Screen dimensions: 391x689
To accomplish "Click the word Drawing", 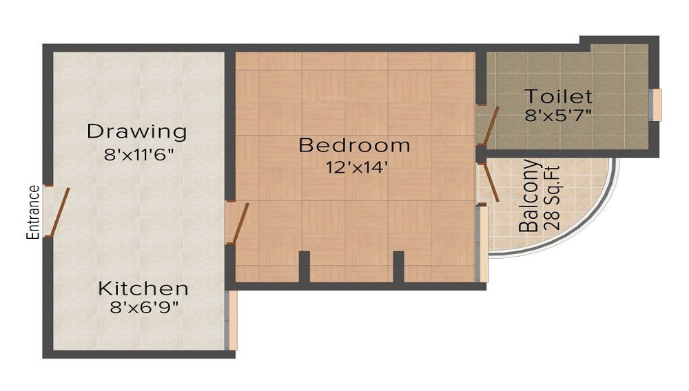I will [x=137, y=131].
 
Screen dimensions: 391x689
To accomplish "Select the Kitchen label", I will [x=143, y=288].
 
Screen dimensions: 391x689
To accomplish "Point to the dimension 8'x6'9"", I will [x=144, y=308].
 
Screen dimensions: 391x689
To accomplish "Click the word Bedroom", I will [x=354, y=145].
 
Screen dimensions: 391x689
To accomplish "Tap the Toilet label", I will [x=558, y=96].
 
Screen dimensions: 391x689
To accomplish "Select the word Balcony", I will [x=528, y=196].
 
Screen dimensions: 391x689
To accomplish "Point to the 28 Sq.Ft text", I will [x=551, y=196].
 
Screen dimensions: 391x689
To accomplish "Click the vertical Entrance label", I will [x=32, y=212].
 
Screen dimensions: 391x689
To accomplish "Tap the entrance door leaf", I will [x=61, y=210].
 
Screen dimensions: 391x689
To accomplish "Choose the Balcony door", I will [x=491, y=182].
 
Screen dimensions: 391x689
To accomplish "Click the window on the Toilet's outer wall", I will [x=656, y=105].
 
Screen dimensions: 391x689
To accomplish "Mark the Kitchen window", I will [x=232, y=320].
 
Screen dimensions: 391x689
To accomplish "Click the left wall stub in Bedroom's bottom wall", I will [x=304, y=266].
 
